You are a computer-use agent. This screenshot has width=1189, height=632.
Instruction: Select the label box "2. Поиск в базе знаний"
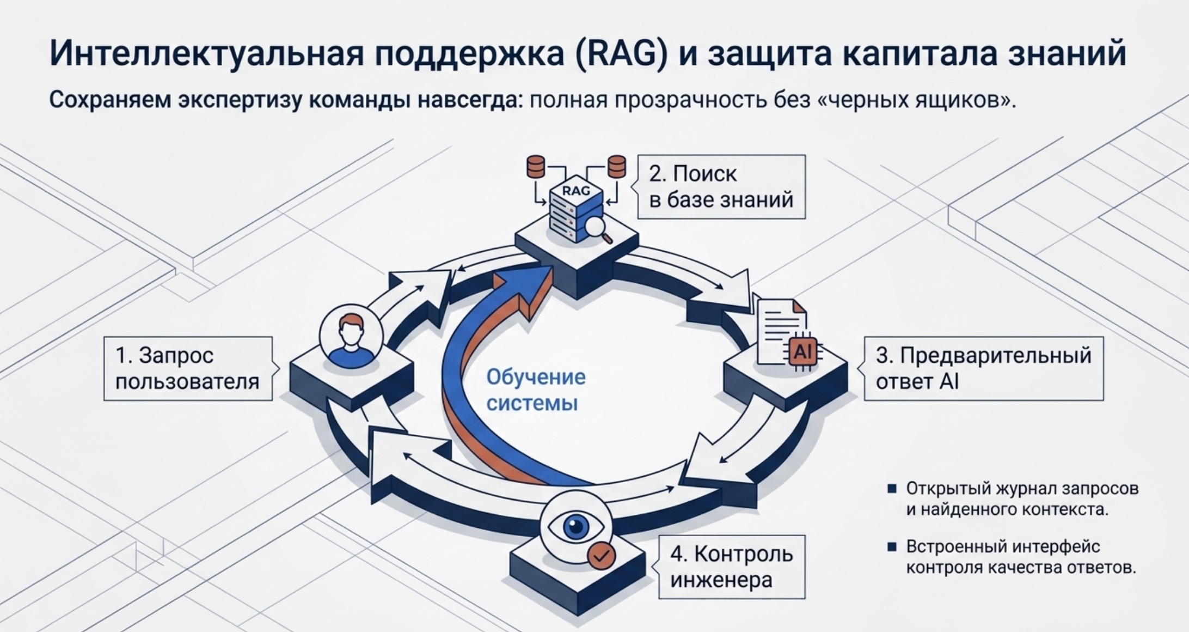pos(721,187)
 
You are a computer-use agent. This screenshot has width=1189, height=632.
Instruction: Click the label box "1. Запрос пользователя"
pos(188,369)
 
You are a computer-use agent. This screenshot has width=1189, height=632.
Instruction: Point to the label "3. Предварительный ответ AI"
pos(984,369)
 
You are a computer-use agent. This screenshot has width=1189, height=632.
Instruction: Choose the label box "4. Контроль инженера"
pos(732,567)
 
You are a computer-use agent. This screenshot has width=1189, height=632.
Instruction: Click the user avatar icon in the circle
pos(351,337)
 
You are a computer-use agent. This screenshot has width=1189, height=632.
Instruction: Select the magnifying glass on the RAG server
pos(598,229)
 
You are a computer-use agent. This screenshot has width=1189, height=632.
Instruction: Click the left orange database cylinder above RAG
pos(536,167)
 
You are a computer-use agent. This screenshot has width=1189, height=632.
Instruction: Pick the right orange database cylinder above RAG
pos(617,167)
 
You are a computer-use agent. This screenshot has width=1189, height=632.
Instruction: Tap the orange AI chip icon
pos(803,352)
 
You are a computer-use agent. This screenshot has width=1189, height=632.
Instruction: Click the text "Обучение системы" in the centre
pos(536,390)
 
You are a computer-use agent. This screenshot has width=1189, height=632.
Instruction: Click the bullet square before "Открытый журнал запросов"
pos(892,489)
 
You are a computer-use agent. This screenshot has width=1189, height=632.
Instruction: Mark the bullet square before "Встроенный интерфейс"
pos(892,546)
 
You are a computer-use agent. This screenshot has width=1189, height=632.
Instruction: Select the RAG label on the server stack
pos(576,191)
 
